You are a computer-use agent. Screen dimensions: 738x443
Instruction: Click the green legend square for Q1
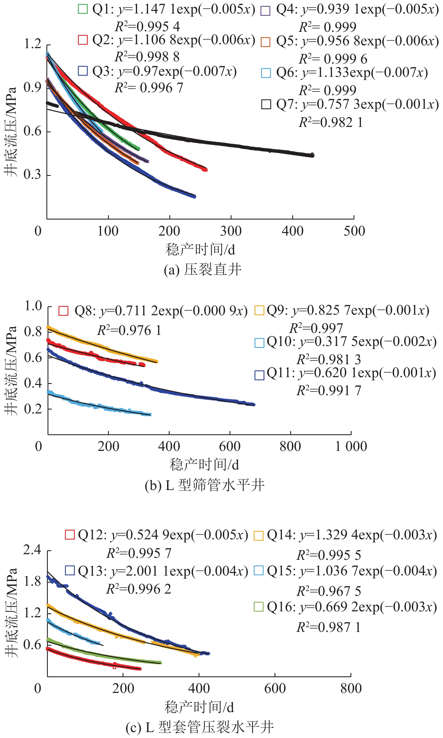[83, 9]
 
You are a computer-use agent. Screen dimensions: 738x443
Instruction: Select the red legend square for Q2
[83, 40]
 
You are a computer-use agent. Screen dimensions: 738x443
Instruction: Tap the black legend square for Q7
[266, 104]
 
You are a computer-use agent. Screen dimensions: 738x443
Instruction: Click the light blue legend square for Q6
[266, 73]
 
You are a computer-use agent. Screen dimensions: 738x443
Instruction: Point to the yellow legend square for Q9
[259, 310]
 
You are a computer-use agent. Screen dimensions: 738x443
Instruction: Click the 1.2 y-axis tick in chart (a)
[33, 44]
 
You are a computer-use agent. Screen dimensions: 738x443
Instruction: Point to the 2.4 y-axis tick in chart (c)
[32, 549]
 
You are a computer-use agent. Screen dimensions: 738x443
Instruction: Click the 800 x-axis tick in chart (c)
[351, 688]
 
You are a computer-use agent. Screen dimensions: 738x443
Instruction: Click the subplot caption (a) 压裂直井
[203, 270]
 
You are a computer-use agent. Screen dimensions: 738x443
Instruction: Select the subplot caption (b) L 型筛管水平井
[204, 485]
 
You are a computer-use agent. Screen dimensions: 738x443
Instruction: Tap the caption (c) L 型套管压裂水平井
[199, 727]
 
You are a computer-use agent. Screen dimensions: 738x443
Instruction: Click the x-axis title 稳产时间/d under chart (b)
[204, 465]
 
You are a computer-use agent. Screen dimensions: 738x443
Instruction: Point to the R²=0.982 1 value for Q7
[331, 122]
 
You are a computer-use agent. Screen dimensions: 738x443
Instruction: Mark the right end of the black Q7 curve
[312, 155]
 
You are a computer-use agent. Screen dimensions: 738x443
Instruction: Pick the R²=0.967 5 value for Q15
[328, 591]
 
